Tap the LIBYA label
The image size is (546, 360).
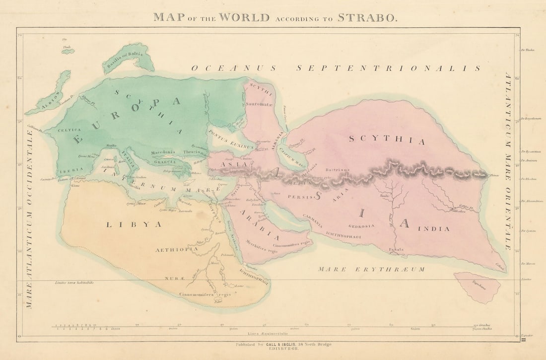(x=134, y=224)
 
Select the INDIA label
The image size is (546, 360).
(x=433, y=228)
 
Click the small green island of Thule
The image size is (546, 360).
(x=68, y=51)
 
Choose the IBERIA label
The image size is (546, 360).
(x=71, y=170)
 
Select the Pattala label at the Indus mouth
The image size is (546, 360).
(x=396, y=249)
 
